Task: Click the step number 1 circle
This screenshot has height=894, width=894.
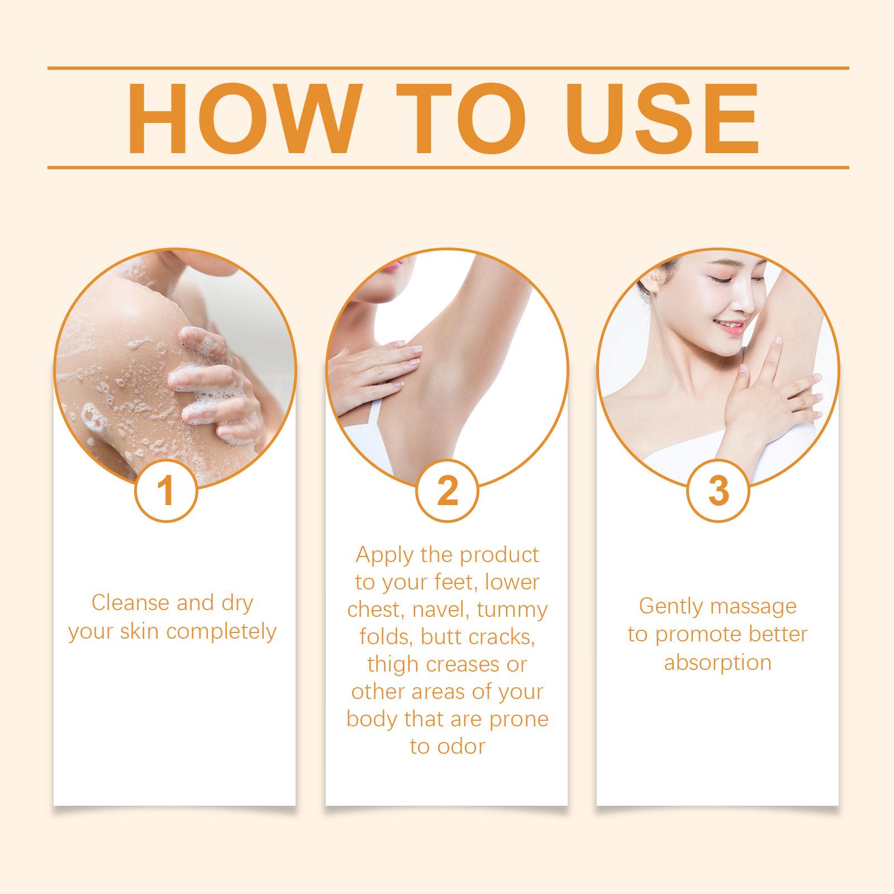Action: click(166, 490)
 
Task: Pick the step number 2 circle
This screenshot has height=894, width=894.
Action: click(447, 490)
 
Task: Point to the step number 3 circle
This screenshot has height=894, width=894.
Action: click(718, 490)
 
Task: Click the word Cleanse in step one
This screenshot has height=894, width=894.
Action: click(131, 603)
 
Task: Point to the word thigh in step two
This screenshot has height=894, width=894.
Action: click(393, 665)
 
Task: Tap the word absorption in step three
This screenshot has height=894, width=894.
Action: click(717, 663)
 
